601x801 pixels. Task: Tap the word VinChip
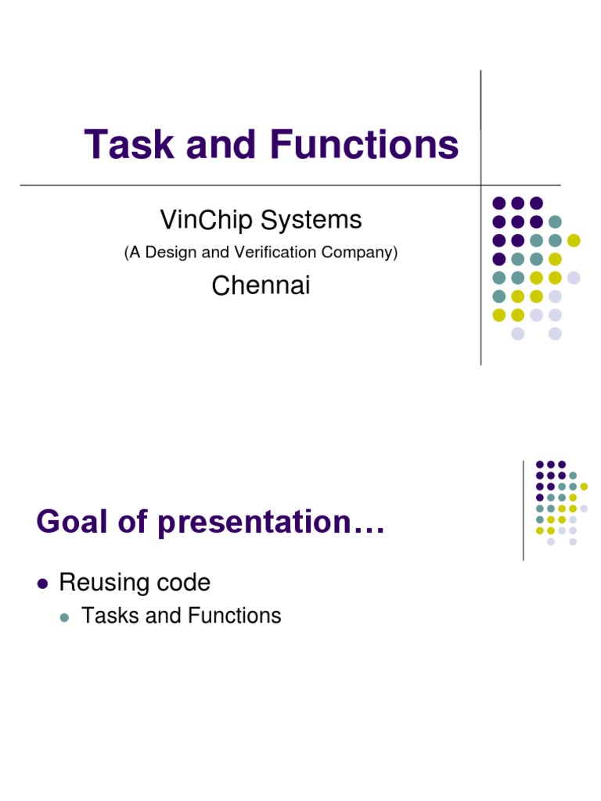point(207,221)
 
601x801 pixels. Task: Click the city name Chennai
point(261,286)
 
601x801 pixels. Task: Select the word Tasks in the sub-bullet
point(110,616)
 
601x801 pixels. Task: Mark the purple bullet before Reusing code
point(43,584)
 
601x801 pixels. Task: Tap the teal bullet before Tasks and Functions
point(66,617)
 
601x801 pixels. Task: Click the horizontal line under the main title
point(235,185)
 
